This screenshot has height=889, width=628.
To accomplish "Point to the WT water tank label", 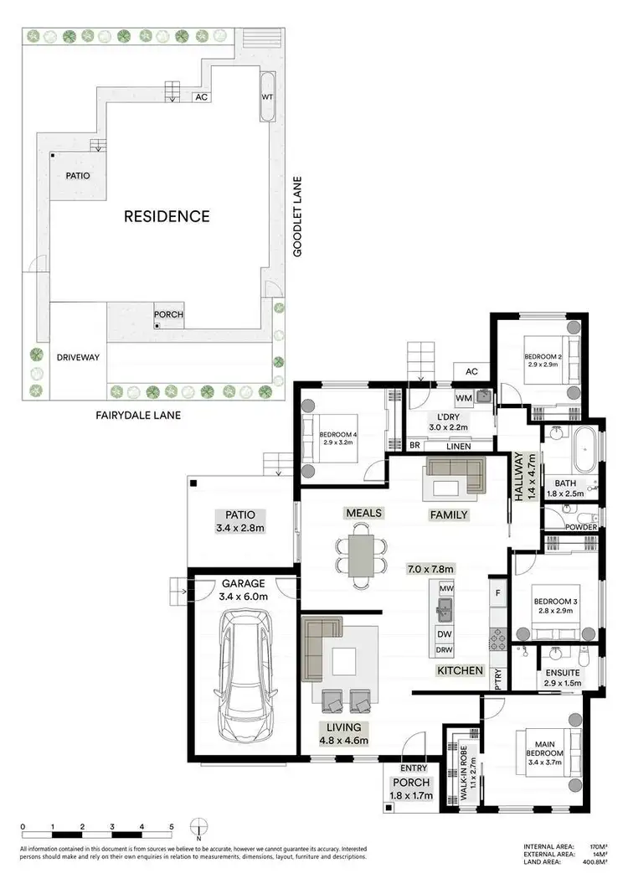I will pyautogui.click(x=267, y=96).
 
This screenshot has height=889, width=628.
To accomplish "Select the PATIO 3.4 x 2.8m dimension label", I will pyautogui.click(x=238, y=521).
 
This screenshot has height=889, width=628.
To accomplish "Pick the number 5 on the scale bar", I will pyautogui.click(x=171, y=826).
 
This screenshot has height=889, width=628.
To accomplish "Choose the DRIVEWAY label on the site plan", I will pyautogui.click(x=78, y=357).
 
